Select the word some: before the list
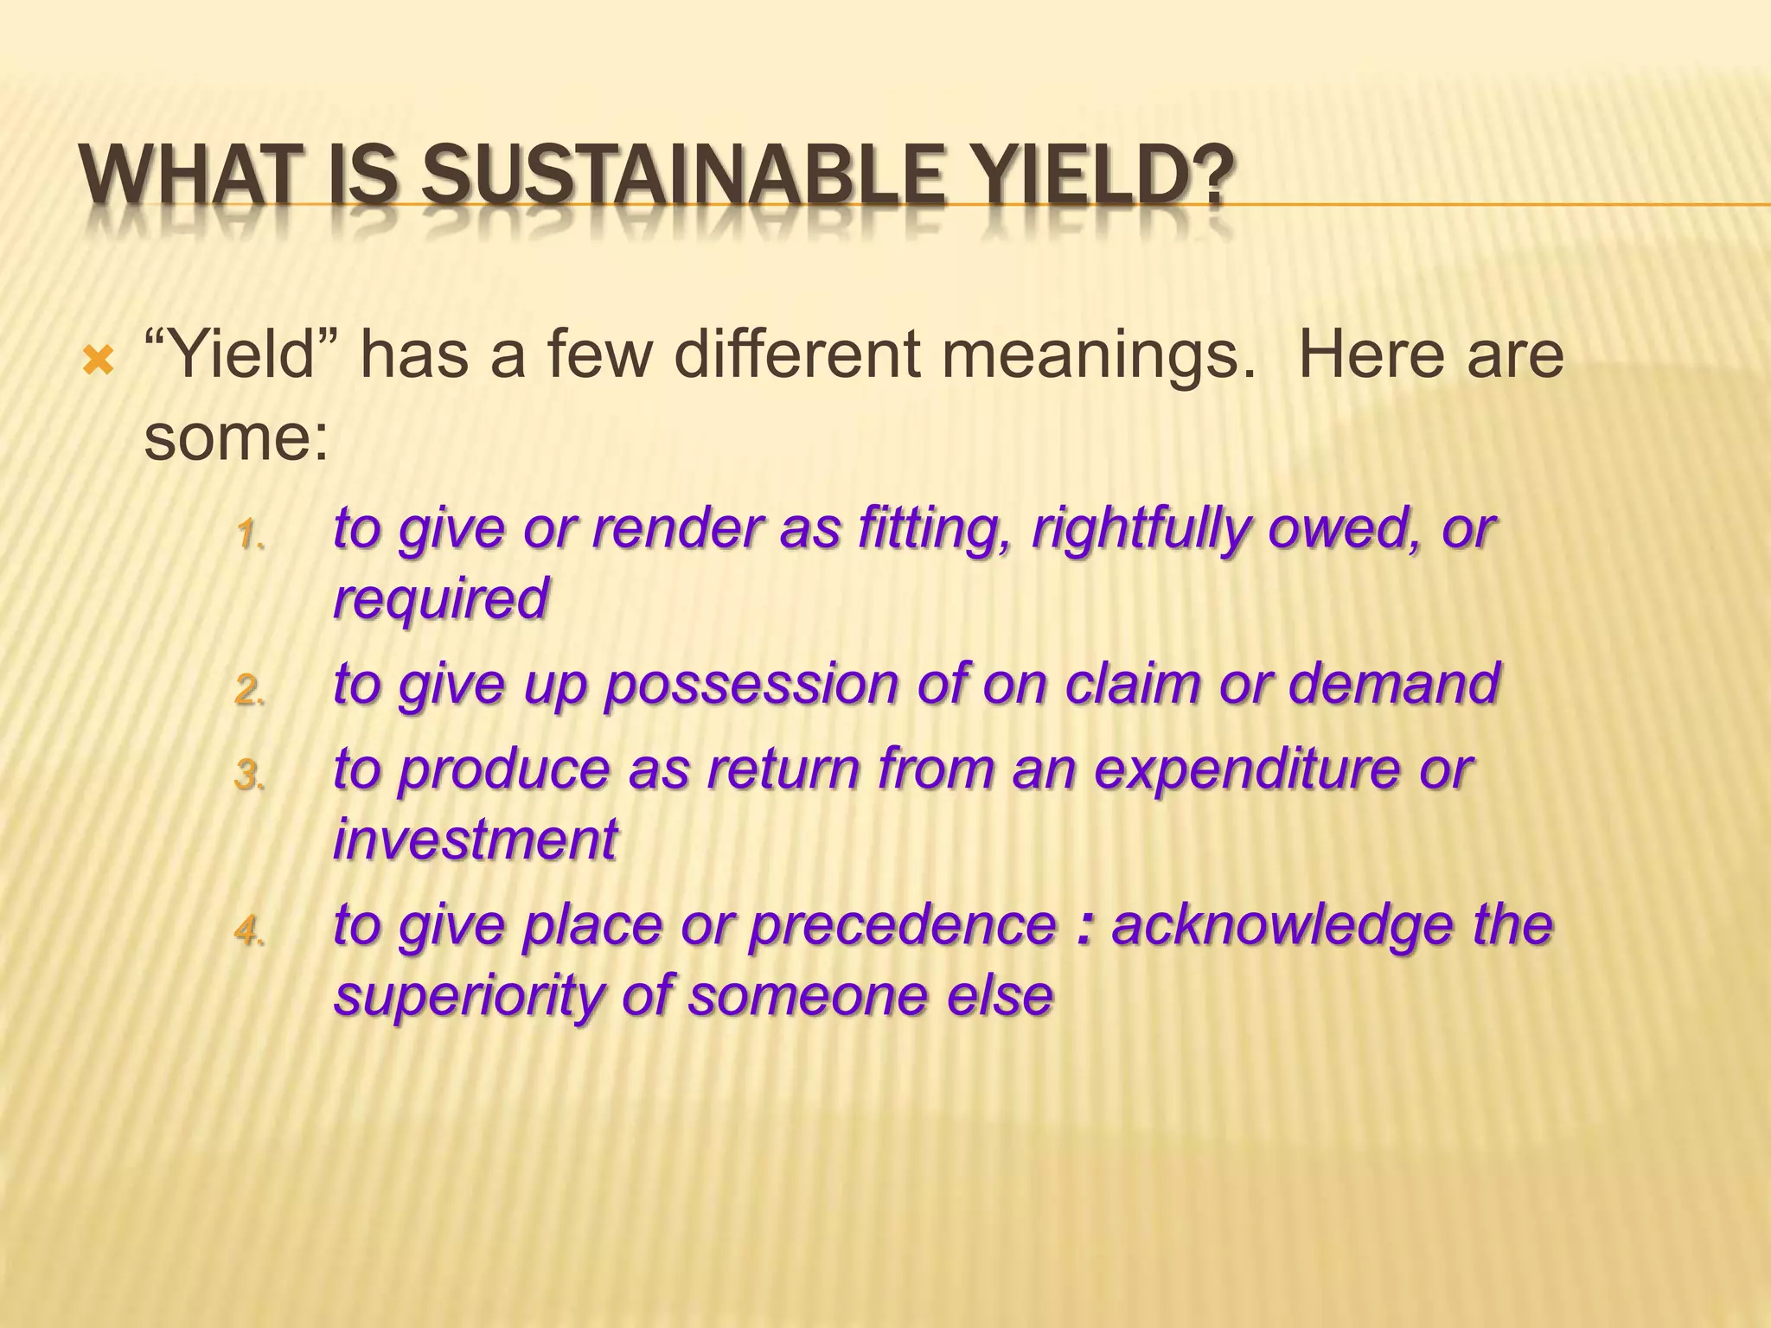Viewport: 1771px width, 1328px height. click(236, 437)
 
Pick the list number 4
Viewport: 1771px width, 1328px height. click(249, 930)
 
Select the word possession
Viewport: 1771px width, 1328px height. click(751, 685)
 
